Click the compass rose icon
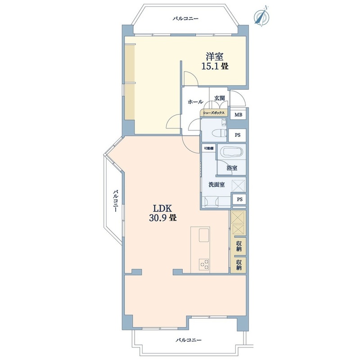click(x=262, y=16)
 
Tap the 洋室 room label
click(x=215, y=57)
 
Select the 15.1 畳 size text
click(x=215, y=66)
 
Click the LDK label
click(x=162, y=208)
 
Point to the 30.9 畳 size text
click(x=163, y=218)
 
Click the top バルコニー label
click(x=185, y=18)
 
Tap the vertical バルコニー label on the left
click(x=116, y=201)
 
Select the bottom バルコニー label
click(x=189, y=340)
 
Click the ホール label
click(x=195, y=102)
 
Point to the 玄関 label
click(x=220, y=98)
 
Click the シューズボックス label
click(x=213, y=113)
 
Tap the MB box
click(x=238, y=115)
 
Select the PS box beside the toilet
click(x=238, y=135)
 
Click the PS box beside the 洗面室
click(x=239, y=199)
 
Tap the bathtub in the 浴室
click(x=231, y=152)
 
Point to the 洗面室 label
click(x=216, y=184)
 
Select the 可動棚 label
click(x=209, y=148)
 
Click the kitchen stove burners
click(x=204, y=265)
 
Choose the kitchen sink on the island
click(x=204, y=235)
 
